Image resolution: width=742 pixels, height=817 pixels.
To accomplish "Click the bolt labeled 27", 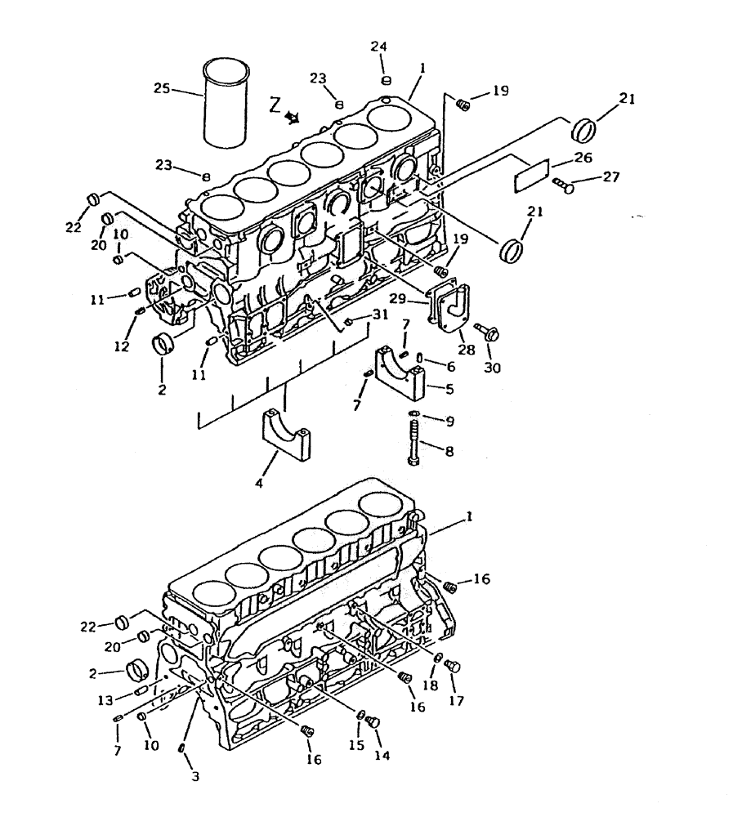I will tap(562, 185).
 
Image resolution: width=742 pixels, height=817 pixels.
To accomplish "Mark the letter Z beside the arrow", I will tap(275, 105).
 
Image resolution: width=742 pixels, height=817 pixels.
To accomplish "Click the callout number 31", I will tap(380, 315).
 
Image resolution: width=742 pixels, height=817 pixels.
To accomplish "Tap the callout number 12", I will tap(122, 346).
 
